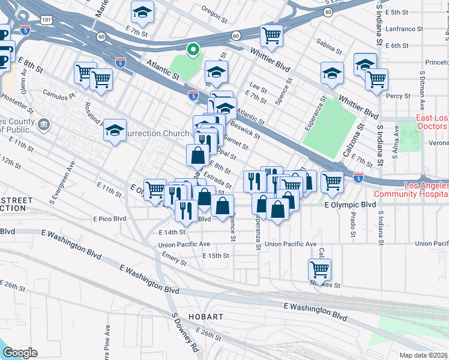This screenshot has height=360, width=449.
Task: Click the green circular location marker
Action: [192, 50]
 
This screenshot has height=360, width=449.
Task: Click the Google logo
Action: [19, 353]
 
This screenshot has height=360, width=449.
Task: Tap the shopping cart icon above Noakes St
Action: [319, 270]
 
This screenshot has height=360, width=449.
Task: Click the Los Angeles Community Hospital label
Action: [411, 189]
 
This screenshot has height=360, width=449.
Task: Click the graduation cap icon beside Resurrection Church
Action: [115, 130]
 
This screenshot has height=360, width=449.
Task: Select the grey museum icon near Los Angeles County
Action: [44, 124]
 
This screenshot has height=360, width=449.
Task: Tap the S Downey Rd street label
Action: [185, 340]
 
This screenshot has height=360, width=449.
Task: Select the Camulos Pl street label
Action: [58, 95]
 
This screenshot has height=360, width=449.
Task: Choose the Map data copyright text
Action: [424, 355]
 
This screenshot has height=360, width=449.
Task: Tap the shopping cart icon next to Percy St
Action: [377, 79]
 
